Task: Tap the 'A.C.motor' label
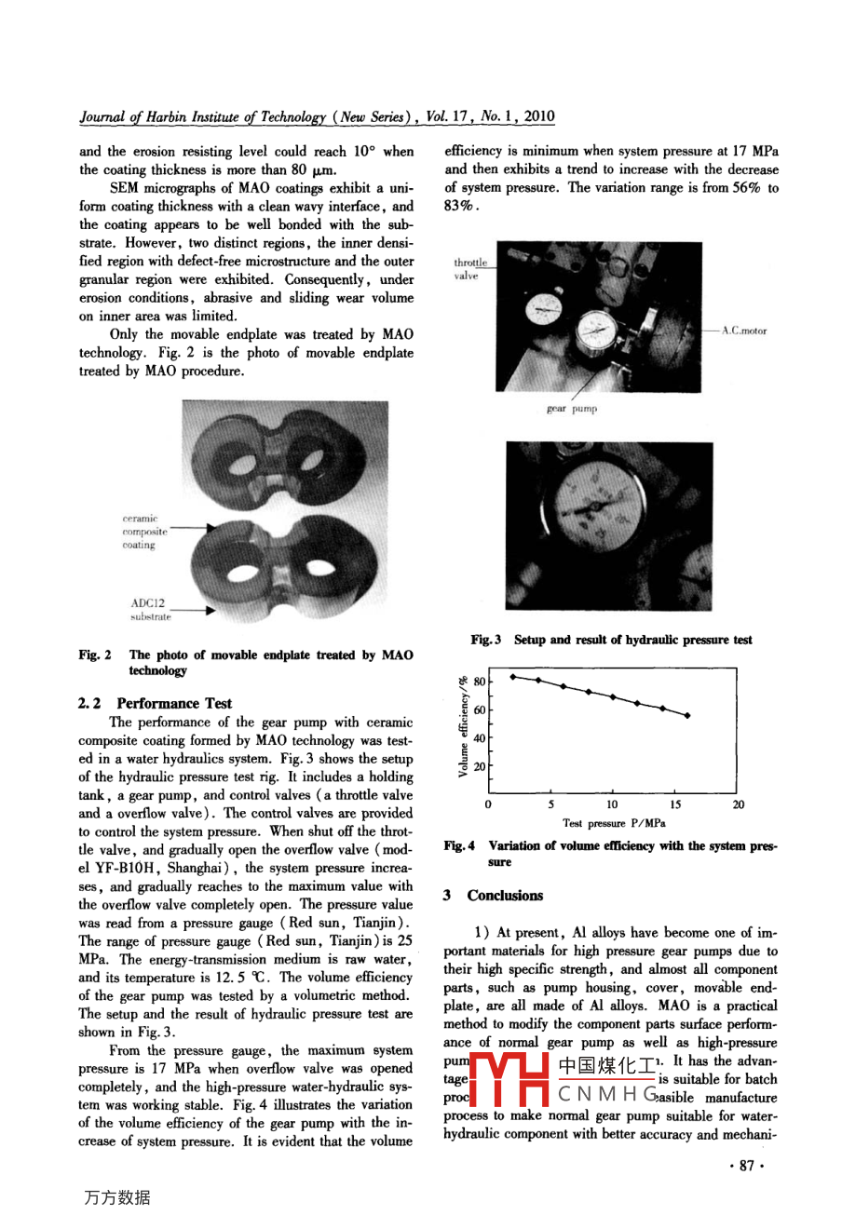744,331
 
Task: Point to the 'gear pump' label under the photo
571,408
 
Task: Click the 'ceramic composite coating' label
144,532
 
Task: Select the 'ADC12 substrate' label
150,610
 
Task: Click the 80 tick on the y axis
479,682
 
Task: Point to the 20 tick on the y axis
479,767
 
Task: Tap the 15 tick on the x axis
675,804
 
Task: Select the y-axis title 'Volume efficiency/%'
463,726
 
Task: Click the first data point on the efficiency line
513,677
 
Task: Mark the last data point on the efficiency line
687,715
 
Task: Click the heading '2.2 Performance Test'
155,703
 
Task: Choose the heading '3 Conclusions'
493,896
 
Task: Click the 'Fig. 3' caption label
485,640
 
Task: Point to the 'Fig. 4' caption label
460,845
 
